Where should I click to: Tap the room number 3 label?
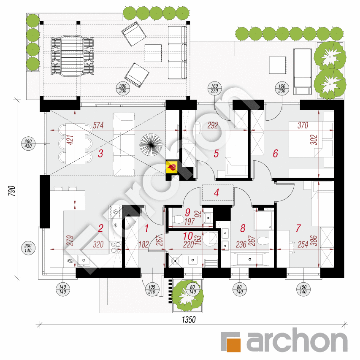(x=100, y=154)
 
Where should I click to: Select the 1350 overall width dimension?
(x=189, y=319)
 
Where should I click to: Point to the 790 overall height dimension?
(x=12, y=191)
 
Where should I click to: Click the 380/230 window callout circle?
(x=123, y=88)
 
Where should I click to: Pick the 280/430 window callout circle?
(x=28, y=144)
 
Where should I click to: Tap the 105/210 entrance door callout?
(x=152, y=290)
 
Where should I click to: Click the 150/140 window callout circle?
(x=303, y=290)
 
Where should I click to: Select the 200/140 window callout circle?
(x=28, y=248)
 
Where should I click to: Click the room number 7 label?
(x=298, y=228)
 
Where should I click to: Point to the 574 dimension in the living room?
(x=98, y=125)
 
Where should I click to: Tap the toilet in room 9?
(x=177, y=219)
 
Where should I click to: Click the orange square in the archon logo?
(x=234, y=345)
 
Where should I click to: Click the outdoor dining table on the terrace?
(x=72, y=56)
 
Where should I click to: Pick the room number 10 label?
(x=188, y=236)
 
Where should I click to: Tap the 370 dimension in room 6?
(x=303, y=125)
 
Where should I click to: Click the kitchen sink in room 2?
(x=84, y=261)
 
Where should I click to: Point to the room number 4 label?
(x=217, y=192)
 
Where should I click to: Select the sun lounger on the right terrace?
(x=303, y=71)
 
